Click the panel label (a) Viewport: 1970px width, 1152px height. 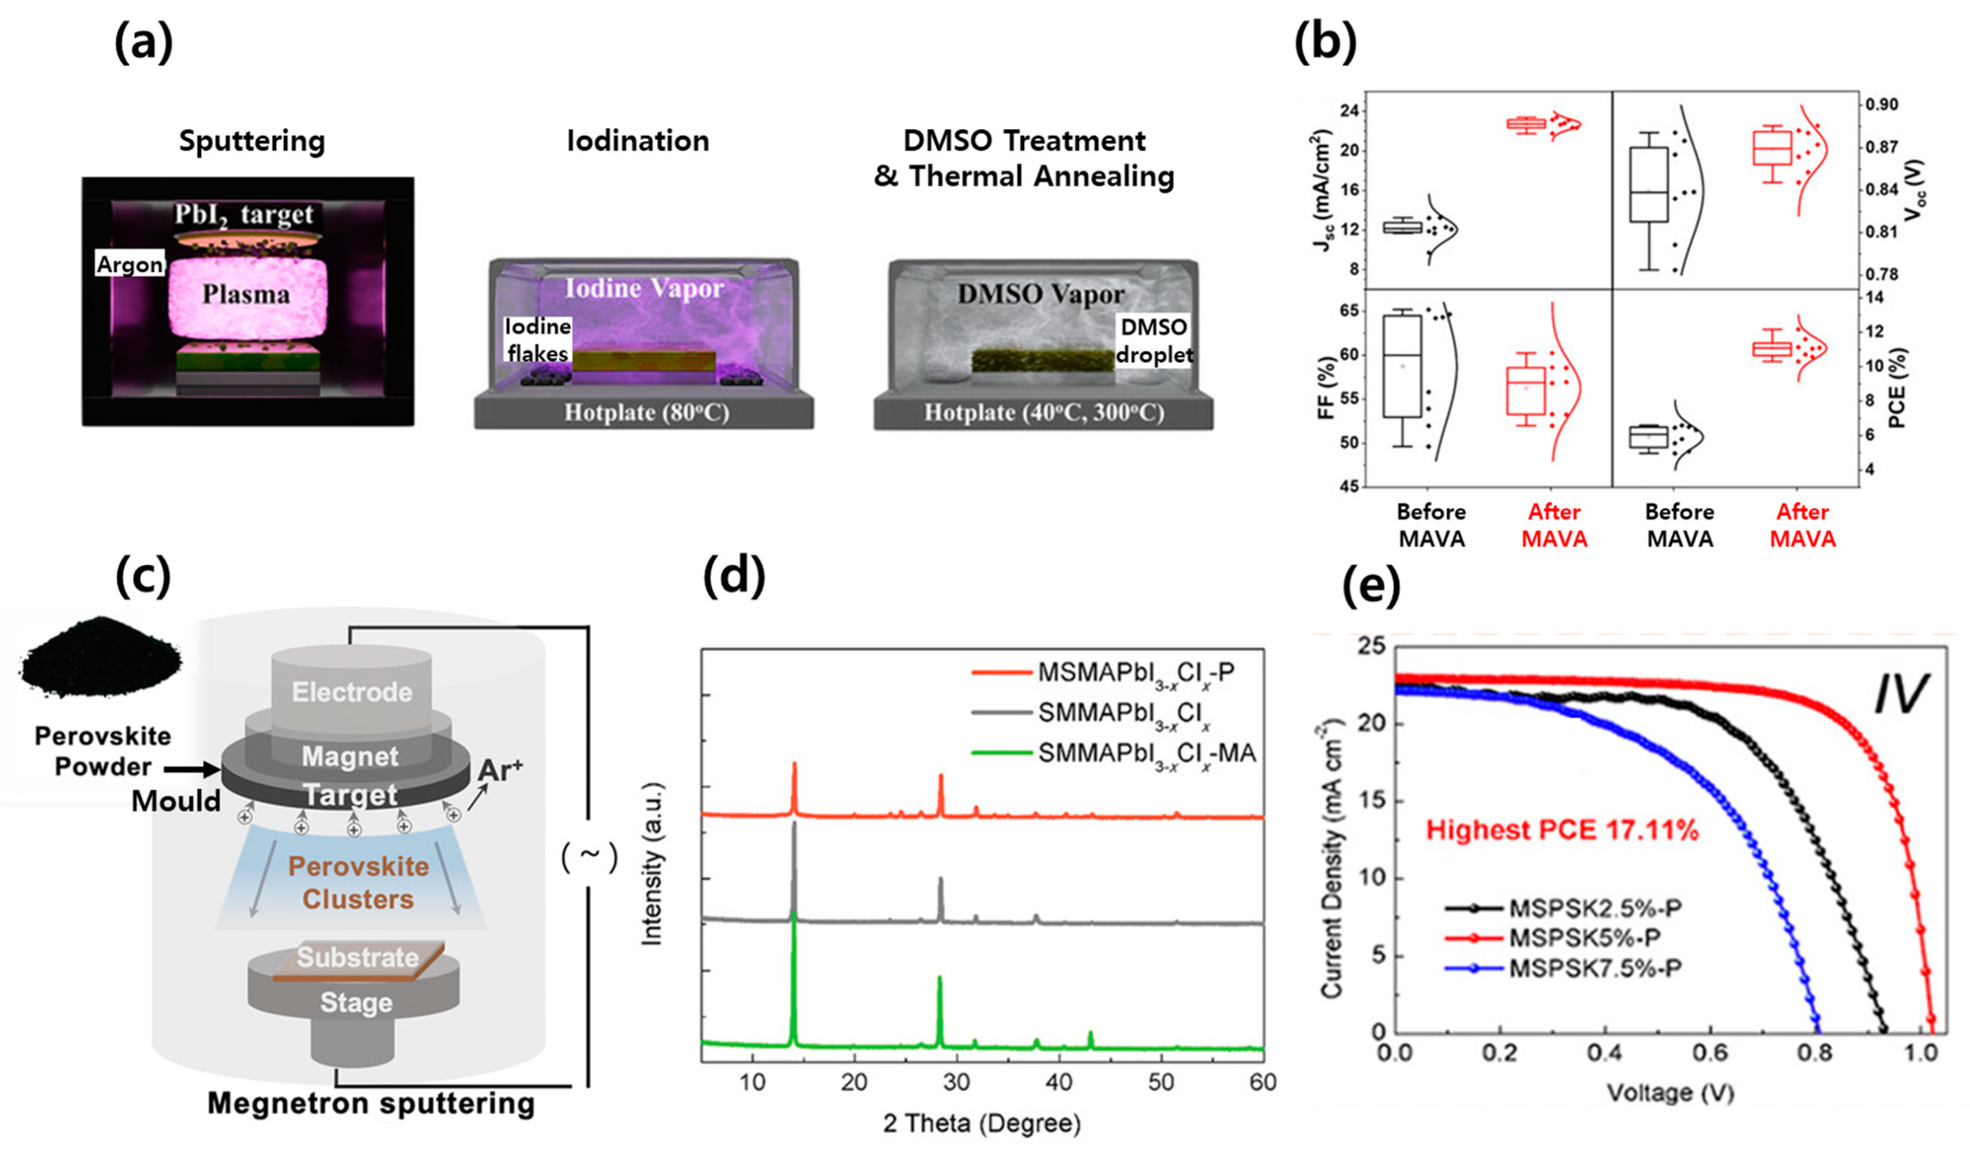click(143, 43)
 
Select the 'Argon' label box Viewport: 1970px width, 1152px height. click(130, 264)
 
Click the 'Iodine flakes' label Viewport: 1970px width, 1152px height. click(538, 340)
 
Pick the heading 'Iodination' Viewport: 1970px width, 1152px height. click(638, 141)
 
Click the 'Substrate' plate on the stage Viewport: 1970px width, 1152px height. click(358, 957)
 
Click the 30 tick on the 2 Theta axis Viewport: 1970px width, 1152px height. click(957, 1082)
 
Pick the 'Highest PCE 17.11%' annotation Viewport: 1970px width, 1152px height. click(1562, 829)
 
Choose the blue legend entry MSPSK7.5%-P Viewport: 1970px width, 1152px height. click(1595, 968)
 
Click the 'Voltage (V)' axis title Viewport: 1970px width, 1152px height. click(1670, 1092)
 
